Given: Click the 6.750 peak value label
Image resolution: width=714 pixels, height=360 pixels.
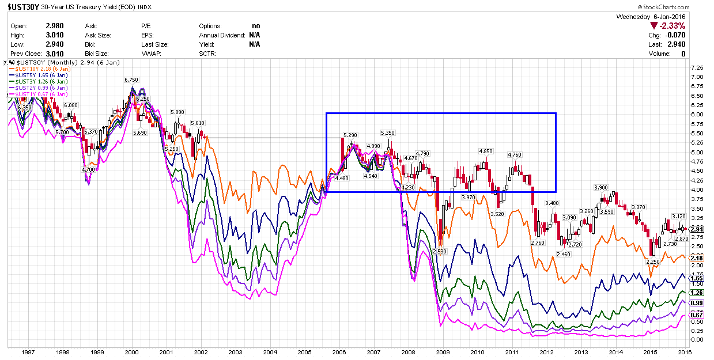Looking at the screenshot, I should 132,80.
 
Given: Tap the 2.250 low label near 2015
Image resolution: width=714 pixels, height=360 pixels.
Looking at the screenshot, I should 652,262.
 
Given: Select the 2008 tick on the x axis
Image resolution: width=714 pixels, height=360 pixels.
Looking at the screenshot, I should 408,351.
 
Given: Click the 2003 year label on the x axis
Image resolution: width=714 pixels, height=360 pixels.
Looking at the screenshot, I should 235,351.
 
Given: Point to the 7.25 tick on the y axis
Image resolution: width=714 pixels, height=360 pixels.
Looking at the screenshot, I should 697,67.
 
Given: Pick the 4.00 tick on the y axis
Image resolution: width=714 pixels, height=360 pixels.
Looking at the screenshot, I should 697,190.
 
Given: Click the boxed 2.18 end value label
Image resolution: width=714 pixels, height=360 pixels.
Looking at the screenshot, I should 697,258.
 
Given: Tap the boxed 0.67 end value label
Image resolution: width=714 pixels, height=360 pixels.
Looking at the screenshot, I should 697,315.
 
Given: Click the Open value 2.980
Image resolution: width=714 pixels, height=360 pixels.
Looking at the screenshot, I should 54,26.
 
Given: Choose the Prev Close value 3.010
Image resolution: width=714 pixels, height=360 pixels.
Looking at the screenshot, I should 54,54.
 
